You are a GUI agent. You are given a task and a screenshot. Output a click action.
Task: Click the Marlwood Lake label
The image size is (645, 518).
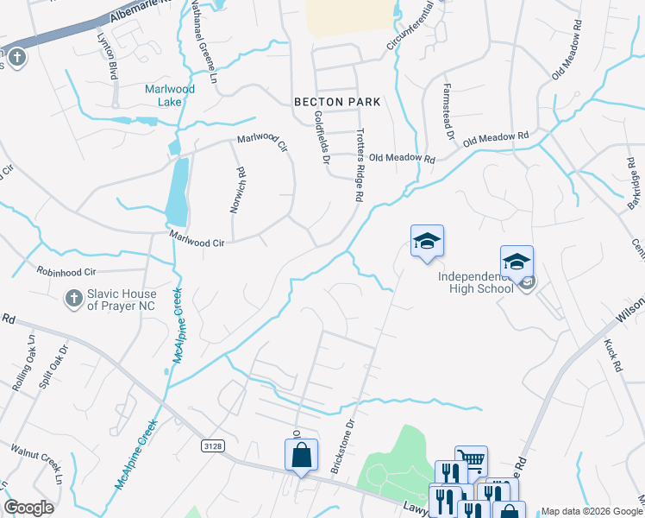[170, 95]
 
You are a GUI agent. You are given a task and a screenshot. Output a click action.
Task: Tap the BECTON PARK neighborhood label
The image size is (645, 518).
[337, 101]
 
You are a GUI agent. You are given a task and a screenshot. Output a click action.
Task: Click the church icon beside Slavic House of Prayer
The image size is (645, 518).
[74, 300]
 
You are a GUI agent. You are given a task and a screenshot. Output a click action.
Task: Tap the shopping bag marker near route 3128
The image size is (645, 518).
[301, 455]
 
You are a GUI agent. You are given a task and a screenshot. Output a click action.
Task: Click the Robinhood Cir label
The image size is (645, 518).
[66, 270]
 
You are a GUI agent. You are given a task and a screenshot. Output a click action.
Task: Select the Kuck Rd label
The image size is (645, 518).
[613, 355]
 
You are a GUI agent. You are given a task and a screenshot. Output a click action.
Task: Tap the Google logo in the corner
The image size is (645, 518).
[28, 508]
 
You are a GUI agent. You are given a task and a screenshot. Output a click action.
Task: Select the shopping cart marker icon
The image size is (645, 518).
[471, 460]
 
